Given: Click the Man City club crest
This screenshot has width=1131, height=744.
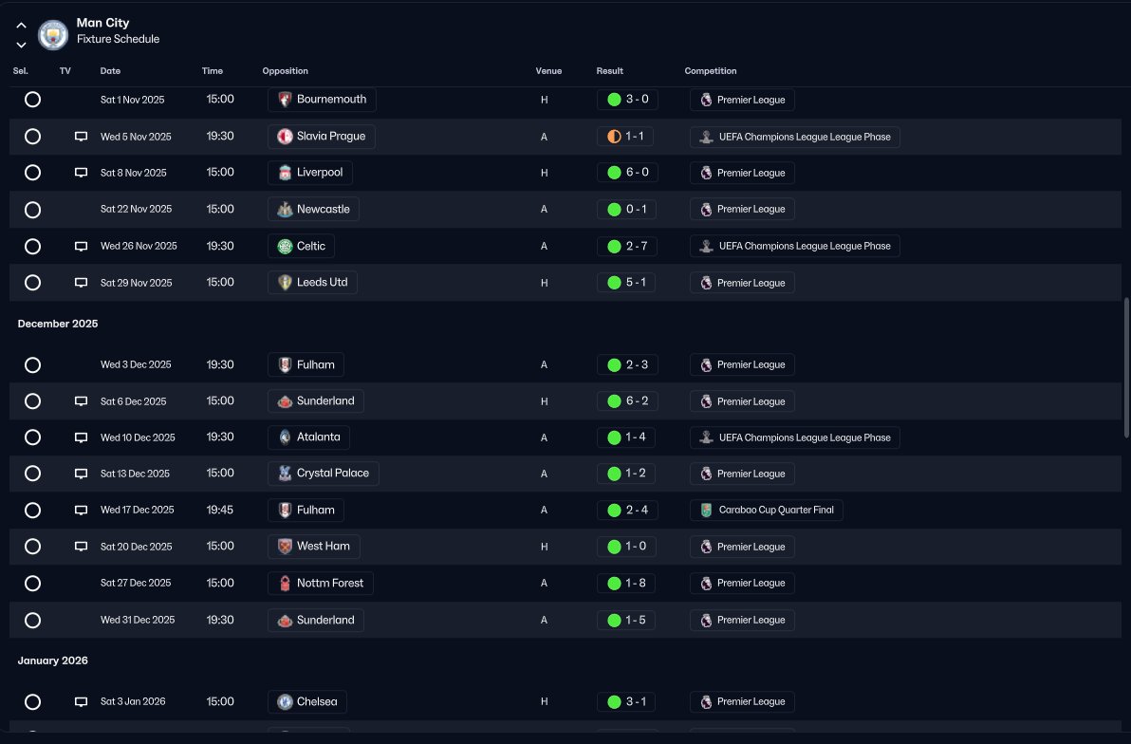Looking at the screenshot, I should (x=53, y=34).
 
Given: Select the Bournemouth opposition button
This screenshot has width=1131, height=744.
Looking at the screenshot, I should (x=322, y=100).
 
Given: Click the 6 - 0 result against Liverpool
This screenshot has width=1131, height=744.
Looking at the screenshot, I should (x=626, y=173).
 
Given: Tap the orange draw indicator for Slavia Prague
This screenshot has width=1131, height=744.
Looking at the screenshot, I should (x=614, y=137).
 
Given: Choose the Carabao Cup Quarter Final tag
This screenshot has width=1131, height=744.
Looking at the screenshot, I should (x=767, y=511).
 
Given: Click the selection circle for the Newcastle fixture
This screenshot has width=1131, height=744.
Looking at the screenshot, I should (x=32, y=210).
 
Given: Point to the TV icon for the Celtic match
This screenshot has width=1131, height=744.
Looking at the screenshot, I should (x=81, y=247).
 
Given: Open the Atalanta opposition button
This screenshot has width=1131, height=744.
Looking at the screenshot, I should (x=309, y=437).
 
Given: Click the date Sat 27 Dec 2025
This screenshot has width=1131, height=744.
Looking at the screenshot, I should (x=136, y=584).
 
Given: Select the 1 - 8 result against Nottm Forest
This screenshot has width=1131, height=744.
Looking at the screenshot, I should (x=626, y=584).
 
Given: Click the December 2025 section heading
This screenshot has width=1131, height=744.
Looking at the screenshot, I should (x=58, y=324).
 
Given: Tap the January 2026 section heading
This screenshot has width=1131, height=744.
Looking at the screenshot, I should (x=53, y=660).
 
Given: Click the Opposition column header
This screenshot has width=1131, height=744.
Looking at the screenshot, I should (x=285, y=71).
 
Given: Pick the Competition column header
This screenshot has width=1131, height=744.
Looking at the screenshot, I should (x=710, y=71).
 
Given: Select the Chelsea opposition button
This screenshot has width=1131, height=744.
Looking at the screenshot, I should (x=307, y=702).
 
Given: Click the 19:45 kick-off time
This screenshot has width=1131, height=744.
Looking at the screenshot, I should (x=220, y=511).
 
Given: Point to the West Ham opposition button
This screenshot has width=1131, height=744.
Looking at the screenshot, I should (x=314, y=547).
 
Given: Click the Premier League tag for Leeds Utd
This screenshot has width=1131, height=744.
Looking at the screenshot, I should (x=742, y=283).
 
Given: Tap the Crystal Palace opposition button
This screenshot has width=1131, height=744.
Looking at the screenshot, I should (x=323, y=474).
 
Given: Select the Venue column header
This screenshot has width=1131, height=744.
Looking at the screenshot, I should (x=548, y=71).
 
